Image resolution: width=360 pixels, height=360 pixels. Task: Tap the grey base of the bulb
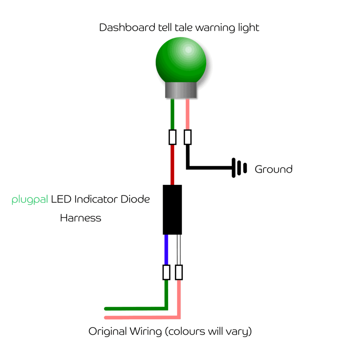(181, 91)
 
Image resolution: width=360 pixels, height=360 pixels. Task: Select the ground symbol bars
(238, 168)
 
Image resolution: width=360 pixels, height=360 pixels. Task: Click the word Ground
(274, 169)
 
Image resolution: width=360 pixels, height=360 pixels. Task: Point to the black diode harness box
(172, 210)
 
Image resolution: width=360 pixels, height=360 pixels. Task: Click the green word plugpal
(30, 200)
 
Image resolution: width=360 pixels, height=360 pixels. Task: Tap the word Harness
(81, 218)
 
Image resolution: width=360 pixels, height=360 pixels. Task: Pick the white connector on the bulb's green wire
(172, 137)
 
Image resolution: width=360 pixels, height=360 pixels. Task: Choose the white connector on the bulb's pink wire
(188, 137)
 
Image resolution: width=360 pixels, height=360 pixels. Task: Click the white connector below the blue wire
(166, 272)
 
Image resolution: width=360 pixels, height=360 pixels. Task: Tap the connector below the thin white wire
(179, 272)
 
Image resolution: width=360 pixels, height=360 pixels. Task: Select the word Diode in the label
(135, 199)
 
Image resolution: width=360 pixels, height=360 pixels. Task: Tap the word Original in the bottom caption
(108, 332)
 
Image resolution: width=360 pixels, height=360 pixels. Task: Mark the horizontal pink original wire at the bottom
(141, 318)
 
